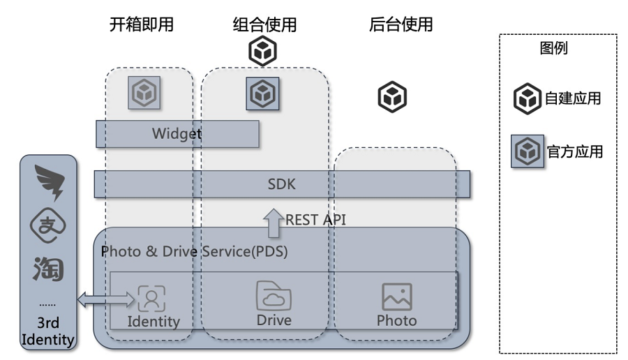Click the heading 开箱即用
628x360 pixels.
(141, 25)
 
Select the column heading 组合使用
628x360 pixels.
(264, 25)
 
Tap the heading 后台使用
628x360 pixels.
(401, 25)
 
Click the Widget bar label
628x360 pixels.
(177, 134)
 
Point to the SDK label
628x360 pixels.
(282, 184)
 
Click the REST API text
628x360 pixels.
(315, 219)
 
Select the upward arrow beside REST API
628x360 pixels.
(271, 223)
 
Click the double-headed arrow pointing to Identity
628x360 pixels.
(105, 300)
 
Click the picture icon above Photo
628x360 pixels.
(397, 297)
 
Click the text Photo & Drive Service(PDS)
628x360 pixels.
(195, 251)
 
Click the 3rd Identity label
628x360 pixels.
(47, 331)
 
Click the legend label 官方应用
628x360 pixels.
(574, 151)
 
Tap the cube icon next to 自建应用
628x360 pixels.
(528, 99)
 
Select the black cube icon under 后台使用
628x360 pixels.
(392, 97)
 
